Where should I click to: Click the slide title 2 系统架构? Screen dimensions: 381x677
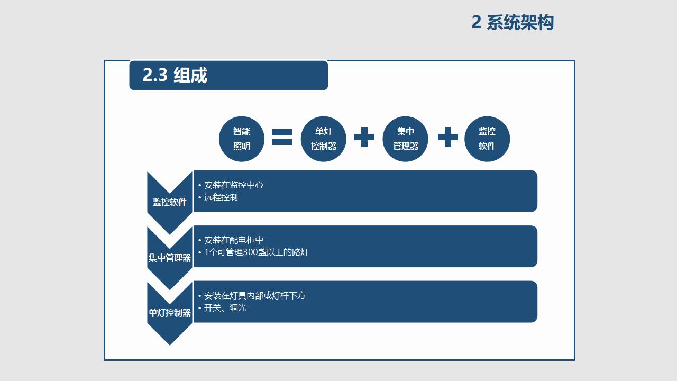point(512,23)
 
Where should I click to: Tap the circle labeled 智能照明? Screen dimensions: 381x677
point(242,139)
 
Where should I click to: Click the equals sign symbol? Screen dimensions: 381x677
point(282,137)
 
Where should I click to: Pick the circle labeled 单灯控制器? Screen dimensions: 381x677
point(324,139)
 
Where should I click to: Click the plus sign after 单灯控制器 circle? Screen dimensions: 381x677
point(364,137)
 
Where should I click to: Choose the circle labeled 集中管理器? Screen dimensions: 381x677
point(406,139)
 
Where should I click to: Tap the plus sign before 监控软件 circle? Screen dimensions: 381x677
point(448,137)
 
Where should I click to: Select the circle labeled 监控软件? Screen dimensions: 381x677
point(487,139)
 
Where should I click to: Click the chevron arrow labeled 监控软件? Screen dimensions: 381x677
point(170,202)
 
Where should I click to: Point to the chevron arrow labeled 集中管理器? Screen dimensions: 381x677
point(170,258)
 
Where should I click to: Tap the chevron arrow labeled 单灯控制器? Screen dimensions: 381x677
point(170,313)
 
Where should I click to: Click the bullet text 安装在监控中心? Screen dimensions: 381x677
point(233,185)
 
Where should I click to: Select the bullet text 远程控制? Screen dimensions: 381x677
point(221,197)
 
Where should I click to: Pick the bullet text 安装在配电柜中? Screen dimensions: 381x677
point(233,240)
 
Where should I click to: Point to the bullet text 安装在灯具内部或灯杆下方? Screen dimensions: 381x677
point(254,296)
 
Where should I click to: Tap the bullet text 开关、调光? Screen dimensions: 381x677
point(225,308)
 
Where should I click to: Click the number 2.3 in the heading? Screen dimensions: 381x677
point(154,76)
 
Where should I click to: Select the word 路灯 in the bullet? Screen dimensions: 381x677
point(300,252)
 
